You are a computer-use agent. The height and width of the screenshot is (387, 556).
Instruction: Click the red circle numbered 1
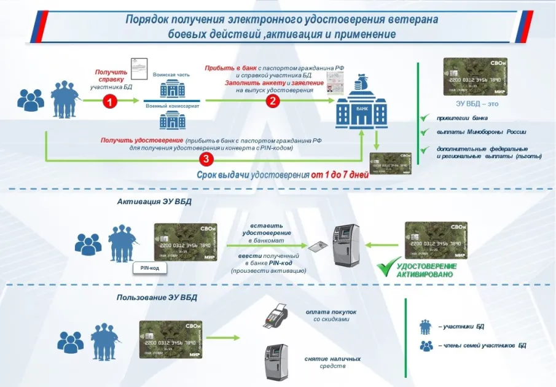(x=109, y=102)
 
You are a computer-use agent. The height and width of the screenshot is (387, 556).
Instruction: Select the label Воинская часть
(x=171, y=75)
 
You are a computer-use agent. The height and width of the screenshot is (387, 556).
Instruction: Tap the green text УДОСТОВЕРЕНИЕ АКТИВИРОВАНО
(x=426, y=270)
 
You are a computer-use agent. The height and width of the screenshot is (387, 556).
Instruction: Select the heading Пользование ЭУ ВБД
(x=157, y=298)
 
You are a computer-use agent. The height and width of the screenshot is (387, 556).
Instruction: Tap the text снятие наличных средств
(x=332, y=362)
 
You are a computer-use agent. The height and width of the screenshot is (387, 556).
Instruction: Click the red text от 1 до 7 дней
(x=339, y=174)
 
